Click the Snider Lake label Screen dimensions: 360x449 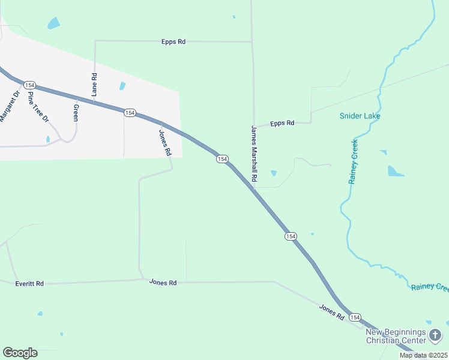360,116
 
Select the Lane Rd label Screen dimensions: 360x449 94,85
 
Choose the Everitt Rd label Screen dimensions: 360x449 29,283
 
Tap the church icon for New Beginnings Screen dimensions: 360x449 435,335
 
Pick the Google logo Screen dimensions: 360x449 20,353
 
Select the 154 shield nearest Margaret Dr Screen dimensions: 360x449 30,86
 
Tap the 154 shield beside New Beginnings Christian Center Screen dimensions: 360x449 355,317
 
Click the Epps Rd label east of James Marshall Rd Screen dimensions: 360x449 282,123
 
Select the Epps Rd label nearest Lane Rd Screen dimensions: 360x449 173,41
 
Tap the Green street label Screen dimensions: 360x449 76,112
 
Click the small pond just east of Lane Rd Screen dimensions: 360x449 122,86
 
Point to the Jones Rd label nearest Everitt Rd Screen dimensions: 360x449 163,282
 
